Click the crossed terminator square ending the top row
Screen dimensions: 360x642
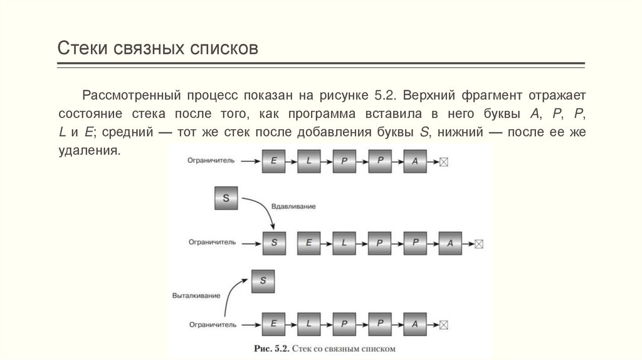click(x=444, y=162)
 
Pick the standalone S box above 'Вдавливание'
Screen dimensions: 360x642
click(x=226, y=198)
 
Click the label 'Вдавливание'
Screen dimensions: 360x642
click(x=293, y=206)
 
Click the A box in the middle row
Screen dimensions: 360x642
click(x=450, y=243)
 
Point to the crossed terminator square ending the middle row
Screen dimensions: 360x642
click(x=479, y=243)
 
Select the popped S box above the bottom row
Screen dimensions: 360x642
click(x=263, y=280)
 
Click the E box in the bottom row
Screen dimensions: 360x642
click(x=273, y=324)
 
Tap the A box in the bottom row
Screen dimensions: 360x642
click(x=414, y=324)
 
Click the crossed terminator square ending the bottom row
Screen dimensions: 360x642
click(x=444, y=324)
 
